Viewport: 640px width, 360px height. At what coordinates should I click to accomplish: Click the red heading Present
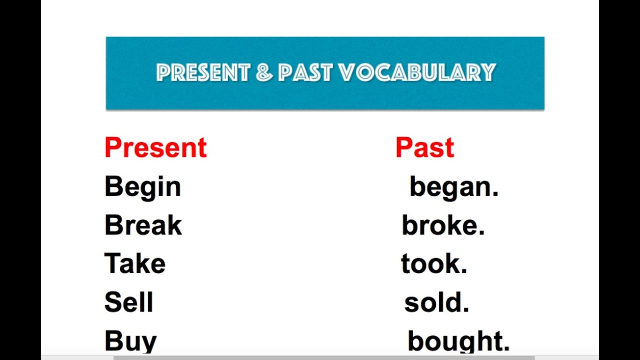coord(155,147)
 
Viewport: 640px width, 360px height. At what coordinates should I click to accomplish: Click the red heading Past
coord(424,147)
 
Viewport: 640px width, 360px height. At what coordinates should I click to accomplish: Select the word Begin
coord(142,187)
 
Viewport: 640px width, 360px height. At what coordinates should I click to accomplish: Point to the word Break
coord(143,225)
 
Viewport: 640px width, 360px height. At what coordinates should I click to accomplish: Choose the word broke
coord(440,225)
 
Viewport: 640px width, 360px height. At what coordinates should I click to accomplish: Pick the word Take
coord(135,264)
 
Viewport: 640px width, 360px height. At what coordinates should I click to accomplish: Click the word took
coord(430,264)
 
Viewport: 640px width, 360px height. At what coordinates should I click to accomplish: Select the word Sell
coord(128,302)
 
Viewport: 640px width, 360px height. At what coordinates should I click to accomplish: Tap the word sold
coord(433,302)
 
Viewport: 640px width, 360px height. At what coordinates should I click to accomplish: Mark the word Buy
coord(130,341)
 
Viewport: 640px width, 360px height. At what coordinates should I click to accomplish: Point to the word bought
coord(455,341)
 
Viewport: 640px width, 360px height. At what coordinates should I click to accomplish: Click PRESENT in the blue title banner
coord(203,73)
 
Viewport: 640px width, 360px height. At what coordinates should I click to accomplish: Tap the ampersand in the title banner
coord(264,73)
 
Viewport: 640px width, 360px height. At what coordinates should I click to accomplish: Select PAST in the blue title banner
coord(305,73)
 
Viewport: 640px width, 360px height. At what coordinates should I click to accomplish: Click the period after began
coord(495,193)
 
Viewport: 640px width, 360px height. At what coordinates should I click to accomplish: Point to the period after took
coord(464,270)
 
